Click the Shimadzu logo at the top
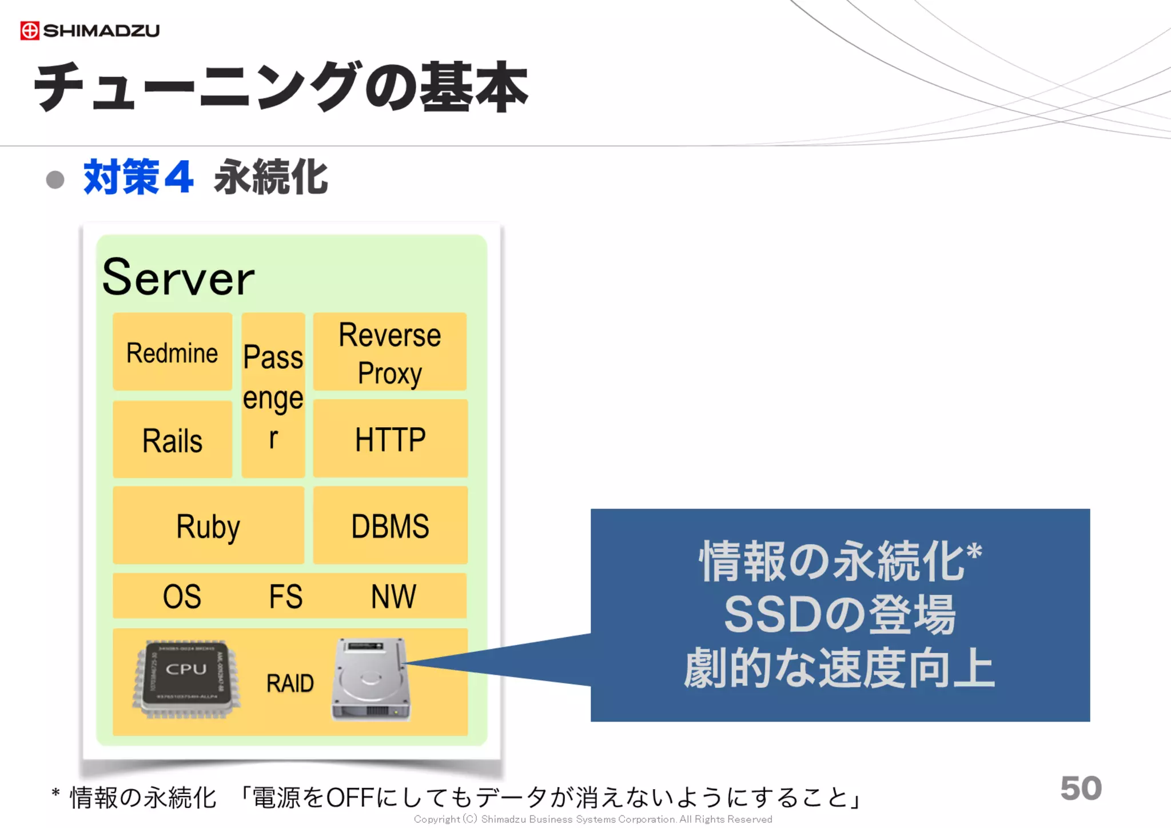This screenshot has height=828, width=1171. (x=90, y=30)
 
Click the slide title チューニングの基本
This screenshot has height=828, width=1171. (x=280, y=87)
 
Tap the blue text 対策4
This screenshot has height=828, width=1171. (x=138, y=177)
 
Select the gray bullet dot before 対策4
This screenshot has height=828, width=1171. (x=55, y=180)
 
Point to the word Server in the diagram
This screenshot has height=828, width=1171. (x=178, y=277)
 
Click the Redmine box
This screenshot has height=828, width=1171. (x=172, y=352)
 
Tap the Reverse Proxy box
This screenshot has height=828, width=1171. (x=390, y=352)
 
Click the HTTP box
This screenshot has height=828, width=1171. (x=390, y=439)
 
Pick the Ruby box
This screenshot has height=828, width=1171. (x=208, y=526)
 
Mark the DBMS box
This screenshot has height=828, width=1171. (x=390, y=526)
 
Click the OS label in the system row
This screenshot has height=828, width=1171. (x=182, y=596)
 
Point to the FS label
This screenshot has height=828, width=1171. (x=285, y=596)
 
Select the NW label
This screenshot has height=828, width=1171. (x=393, y=596)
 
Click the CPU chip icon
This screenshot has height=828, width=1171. (x=186, y=679)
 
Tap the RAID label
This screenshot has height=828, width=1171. (x=290, y=683)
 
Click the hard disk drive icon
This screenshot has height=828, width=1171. (x=371, y=679)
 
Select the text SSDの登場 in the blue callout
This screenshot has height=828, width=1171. (x=839, y=615)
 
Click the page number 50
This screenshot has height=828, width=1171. (x=1080, y=788)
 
